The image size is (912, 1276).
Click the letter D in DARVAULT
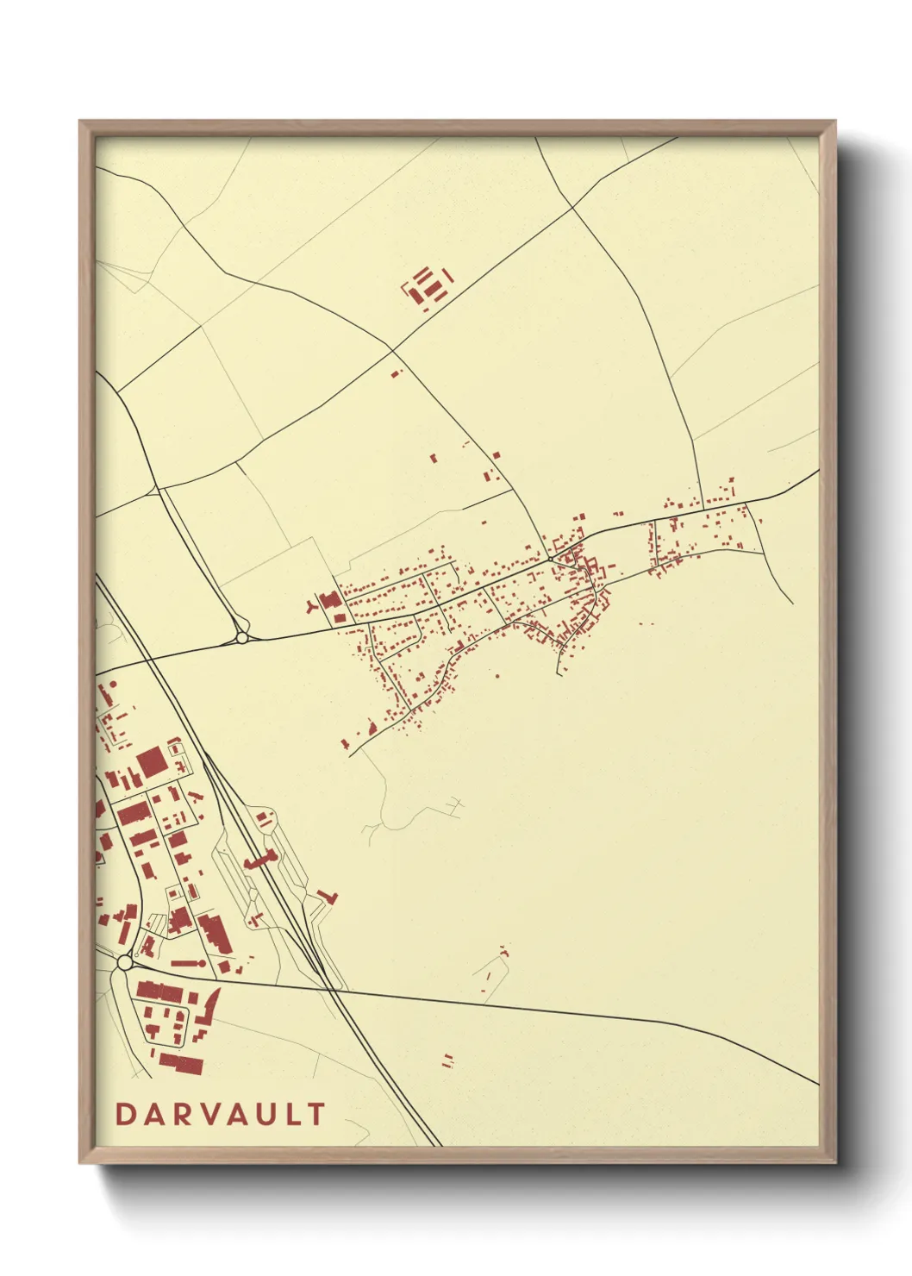[123, 1114]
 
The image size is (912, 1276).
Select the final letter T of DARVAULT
[317, 1114]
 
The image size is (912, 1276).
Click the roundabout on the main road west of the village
[241, 637]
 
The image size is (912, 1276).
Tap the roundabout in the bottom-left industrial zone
[125, 962]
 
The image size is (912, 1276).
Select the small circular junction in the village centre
[550, 558]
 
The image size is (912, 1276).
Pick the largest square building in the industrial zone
[151, 762]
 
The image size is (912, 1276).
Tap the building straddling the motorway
[259, 860]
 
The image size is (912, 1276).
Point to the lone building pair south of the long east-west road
[447, 1060]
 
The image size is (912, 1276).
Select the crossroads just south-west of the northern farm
[393, 350]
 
